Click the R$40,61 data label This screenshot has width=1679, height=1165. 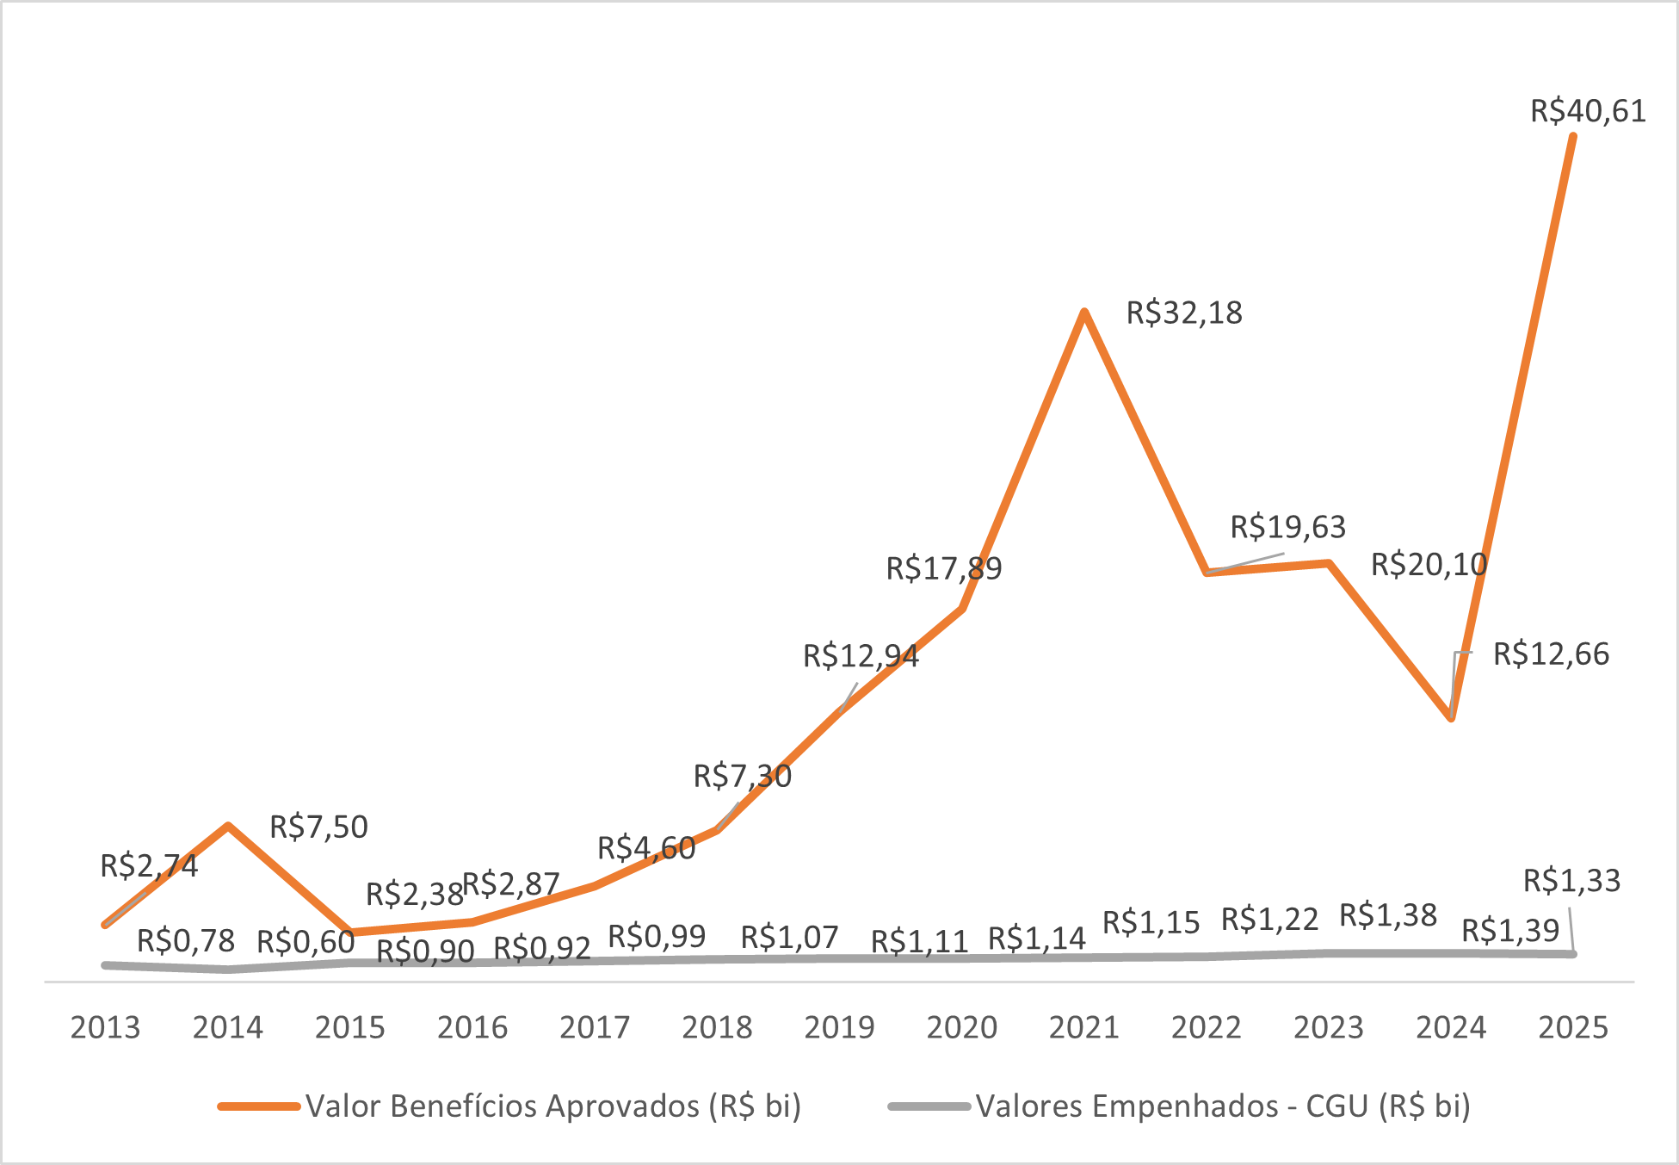pyautogui.click(x=1588, y=111)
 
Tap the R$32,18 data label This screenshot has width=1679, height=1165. pyautogui.click(x=1184, y=313)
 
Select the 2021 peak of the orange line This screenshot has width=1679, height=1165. pyautogui.click(x=1084, y=312)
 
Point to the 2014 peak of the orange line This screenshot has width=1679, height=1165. pyautogui.click(x=228, y=826)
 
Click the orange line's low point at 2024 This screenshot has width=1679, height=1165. pyautogui.click(x=1452, y=717)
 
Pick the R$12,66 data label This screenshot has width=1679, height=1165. pyautogui.click(x=1551, y=654)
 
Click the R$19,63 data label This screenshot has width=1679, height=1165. pyautogui.click(x=1287, y=526)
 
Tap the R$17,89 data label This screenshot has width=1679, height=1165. pyautogui.click(x=944, y=568)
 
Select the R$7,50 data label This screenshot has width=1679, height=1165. pyautogui.click(x=318, y=827)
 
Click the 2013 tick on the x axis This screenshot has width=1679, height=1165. pyautogui.click(x=105, y=1027)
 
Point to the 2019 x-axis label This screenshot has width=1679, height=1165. pyautogui.click(x=839, y=1027)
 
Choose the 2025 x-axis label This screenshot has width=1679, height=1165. pyautogui.click(x=1573, y=1027)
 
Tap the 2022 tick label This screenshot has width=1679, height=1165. pyautogui.click(x=1206, y=1027)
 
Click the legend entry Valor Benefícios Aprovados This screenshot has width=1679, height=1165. pyautogui.click(x=552, y=1106)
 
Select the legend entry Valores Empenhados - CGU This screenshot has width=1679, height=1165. pyautogui.click(x=1222, y=1106)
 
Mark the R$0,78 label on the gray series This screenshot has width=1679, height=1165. pyautogui.click(x=186, y=941)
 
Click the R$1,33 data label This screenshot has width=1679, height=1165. pyautogui.click(x=1571, y=880)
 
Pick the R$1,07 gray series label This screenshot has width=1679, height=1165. pyautogui.click(x=789, y=937)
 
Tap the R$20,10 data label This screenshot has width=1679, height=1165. pyautogui.click(x=1429, y=564)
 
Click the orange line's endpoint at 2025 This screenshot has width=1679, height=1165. pyautogui.click(x=1573, y=137)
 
